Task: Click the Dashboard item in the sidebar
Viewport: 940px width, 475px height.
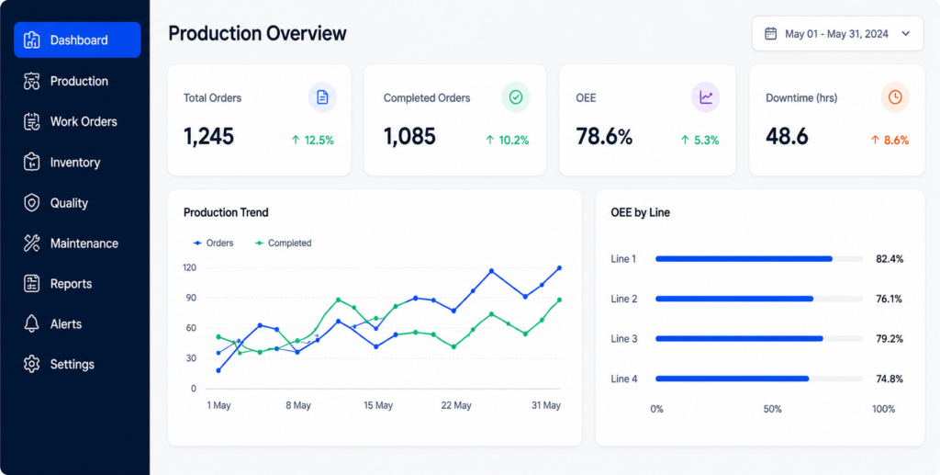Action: (x=77, y=40)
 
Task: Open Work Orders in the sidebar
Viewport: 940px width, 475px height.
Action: (x=84, y=122)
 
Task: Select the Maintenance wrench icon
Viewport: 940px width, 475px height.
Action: (x=32, y=243)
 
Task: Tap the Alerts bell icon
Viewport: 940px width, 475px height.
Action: (x=32, y=323)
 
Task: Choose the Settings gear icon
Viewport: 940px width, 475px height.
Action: (x=32, y=364)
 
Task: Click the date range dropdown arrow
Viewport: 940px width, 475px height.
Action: (x=905, y=34)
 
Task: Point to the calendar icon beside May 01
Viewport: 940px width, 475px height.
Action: (x=771, y=34)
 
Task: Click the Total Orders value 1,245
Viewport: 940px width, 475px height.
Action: (x=208, y=137)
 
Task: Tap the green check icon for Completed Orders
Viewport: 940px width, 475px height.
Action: (x=516, y=97)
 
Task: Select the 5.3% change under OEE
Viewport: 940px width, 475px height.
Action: (x=699, y=141)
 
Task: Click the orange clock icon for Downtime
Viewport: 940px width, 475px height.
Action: (x=895, y=97)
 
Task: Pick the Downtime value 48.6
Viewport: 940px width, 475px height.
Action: (x=787, y=137)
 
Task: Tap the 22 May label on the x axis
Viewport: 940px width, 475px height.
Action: (x=456, y=405)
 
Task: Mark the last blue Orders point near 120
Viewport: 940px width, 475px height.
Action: (x=559, y=268)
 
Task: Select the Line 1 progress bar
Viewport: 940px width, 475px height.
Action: (x=759, y=259)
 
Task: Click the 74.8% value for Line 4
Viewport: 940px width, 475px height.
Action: (x=890, y=379)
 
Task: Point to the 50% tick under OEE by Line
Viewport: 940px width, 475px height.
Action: (x=773, y=409)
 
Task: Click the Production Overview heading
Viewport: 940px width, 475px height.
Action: (x=257, y=33)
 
